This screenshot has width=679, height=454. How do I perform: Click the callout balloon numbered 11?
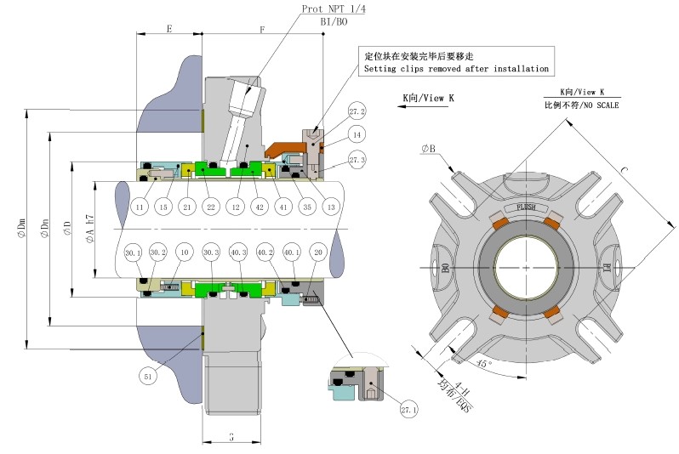click(x=140, y=207)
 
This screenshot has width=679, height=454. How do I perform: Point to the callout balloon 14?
click(x=357, y=134)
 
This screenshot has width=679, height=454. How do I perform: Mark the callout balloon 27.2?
click(x=356, y=111)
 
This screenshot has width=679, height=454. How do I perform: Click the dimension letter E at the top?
click(x=169, y=29)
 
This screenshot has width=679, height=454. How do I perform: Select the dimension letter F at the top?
click(x=261, y=29)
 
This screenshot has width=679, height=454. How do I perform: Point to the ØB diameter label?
click(x=428, y=150)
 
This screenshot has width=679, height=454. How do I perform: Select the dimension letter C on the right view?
click(x=624, y=173)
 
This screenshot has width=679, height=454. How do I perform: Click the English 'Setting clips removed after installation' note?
click(x=456, y=69)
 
